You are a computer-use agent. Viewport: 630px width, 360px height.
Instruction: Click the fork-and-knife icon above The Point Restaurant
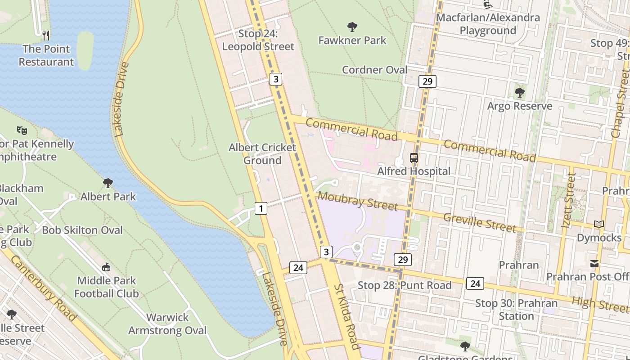click(45, 35)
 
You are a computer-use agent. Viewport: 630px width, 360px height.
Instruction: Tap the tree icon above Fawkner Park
click(352, 27)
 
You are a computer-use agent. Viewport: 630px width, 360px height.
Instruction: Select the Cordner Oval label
click(374, 70)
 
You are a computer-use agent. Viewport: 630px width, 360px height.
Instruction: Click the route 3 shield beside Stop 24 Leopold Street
click(276, 79)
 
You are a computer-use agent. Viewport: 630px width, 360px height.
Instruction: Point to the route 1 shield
click(261, 208)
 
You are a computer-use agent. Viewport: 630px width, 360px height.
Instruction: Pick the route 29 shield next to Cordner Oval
click(427, 81)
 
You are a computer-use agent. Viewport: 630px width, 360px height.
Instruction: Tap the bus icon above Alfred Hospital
click(414, 158)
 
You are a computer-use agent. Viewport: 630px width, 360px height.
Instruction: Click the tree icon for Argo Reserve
click(519, 93)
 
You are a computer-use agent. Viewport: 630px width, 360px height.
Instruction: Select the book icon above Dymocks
click(598, 224)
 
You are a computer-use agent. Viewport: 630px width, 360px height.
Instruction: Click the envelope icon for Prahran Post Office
click(594, 263)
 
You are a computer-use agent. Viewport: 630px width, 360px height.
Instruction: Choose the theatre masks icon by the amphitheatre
click(22, 130)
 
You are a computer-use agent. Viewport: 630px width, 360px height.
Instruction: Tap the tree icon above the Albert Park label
click(108, 183)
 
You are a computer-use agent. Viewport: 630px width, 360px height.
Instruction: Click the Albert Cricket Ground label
click(262, 154)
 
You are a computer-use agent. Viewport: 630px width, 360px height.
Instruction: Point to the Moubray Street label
click(358, 201)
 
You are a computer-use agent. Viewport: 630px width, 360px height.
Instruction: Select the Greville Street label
click(480, 222)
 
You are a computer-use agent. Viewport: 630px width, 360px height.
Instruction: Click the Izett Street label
click(569, 200)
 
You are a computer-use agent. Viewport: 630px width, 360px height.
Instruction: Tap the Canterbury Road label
click(43, 288)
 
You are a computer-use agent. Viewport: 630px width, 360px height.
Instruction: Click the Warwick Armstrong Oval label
click(167, 324)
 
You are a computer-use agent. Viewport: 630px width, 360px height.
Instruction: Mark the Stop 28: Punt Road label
click(404, 285)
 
